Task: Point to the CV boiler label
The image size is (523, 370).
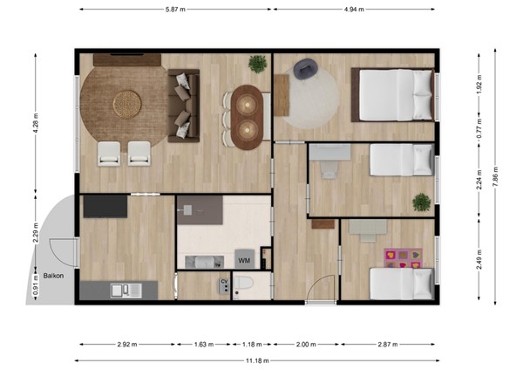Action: (x=224, y=281)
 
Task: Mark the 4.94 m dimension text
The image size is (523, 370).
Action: (x=353, y=9)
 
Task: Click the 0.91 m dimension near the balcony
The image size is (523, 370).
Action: (x=36, y=289)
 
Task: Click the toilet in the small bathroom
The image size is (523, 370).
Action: (x=245, y=284)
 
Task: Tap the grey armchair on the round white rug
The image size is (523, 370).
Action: (x=306, y=68)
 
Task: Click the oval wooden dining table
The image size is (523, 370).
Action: (x=246, y=115)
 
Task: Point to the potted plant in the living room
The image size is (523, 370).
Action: (x=257, y=64)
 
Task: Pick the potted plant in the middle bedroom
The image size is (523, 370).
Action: (x=422, y=202)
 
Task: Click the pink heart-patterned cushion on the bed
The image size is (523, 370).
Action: (x=402, y=257)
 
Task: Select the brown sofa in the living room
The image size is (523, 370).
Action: (x=184, y=105)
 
